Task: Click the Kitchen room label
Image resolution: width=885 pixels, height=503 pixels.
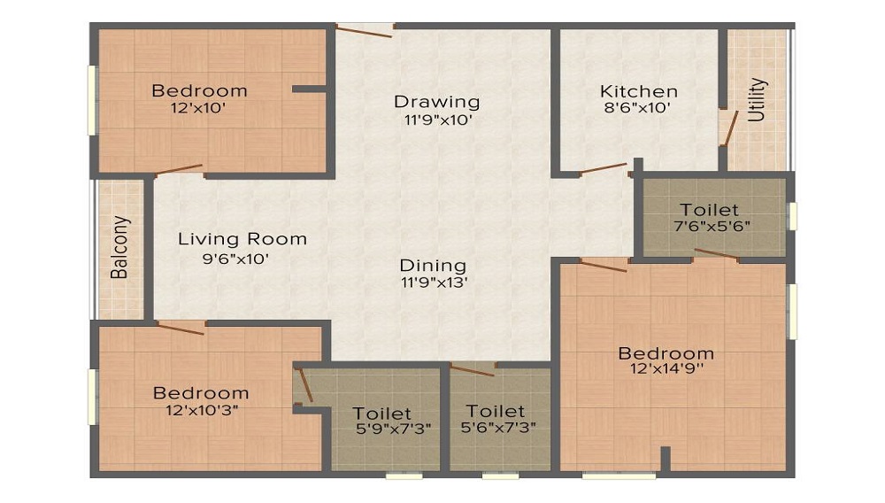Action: (x=638, y=91)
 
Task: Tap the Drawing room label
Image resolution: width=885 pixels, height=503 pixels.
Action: (x=437, y=102)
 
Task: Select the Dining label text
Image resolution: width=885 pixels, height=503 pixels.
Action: (x=433, y=266)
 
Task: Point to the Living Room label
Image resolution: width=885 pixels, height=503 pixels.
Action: (x=242, y=239)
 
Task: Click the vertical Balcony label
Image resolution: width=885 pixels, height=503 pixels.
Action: (x=119, y=247)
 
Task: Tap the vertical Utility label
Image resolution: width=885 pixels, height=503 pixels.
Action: (x=757, y=100)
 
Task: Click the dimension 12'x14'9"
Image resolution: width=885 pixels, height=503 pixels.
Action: (x=666, y=368)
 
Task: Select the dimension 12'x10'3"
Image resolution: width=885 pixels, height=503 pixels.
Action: (x=202, y=410)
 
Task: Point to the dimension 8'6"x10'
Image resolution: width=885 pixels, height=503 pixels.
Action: (x=637, y=107)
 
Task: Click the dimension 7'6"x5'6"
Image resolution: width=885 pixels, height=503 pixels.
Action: (x=712, y=227)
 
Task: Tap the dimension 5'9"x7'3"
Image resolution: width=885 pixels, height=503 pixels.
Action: (x=394, y=429)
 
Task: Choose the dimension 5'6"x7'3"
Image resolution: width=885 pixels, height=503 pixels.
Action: (x=497, y=428)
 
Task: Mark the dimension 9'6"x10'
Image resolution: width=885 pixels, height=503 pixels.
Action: (x=235, y=259)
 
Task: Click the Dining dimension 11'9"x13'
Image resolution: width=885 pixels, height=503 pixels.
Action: (x=434, y=282)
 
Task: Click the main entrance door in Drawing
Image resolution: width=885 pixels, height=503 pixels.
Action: (x=364, y=30)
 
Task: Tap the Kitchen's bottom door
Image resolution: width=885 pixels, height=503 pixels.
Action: (x=603, y=168)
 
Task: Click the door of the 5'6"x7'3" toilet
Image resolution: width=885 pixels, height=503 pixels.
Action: (x=473, y=370)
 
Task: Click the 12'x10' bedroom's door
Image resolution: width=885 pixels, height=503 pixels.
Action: (x=179, y=169)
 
